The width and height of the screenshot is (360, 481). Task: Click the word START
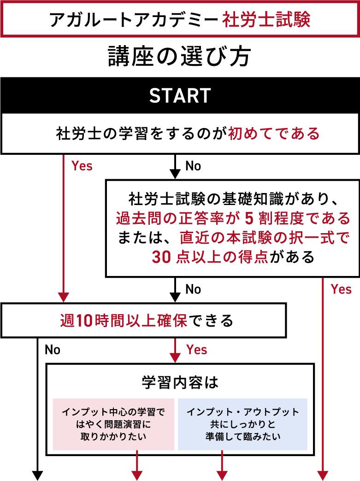click(x=180, y=96)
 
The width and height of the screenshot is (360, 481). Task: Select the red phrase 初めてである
click(x=274, y=134)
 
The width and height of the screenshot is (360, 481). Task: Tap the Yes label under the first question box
click(x=82, y=166)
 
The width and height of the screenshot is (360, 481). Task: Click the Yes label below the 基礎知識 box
click(x=341, y=289)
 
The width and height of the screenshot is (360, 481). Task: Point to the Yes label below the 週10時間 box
click(x=197, y=350)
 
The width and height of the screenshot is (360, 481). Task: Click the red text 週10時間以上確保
click(x=124, y=320)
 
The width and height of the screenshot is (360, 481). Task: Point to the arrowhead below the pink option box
click(x=137, y=475)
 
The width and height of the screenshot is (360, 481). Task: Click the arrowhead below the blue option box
click(x=222, y=475)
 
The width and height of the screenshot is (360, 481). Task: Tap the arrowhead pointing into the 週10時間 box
click(x=63, y=297)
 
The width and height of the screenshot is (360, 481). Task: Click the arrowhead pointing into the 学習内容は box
click(x=175, y=358)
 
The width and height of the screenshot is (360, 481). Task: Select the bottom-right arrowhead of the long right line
click(x=323, y=475)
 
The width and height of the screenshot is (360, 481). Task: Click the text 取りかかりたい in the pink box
click(x=113, y=436)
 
